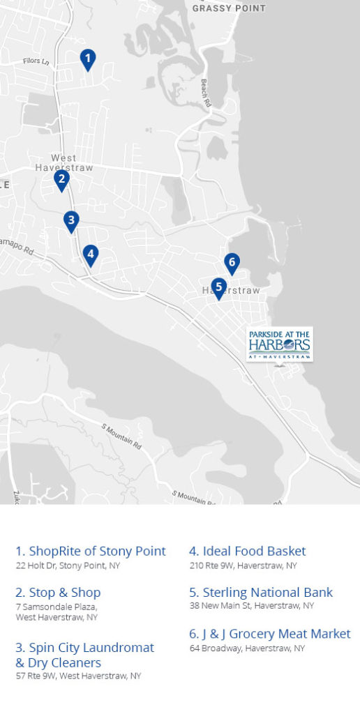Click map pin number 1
click(x=87, y=59)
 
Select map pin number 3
click(x=70, y=220)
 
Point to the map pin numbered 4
click(x=89, y=255)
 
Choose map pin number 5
click(x=218, y=287)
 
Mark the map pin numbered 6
click(x=232, y=263)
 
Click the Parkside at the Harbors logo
click(x=279, y=344)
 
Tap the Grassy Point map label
click(x=229, y=8)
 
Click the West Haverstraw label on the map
click(x=63, y=163)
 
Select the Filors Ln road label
click(x=36, y=62)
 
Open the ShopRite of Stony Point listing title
click(x=91, y=551)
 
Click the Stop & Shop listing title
click(x=58, y=592)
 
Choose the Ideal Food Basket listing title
click(x=248, y=551)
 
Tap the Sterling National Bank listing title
click(x=261, y=592)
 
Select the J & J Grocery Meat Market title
click(x=270, y=634)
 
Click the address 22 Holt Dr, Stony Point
click(x=68, y=565)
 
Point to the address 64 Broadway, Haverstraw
click(x=247, y=648)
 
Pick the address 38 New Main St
click(x=252, y=606)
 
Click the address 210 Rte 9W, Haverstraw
click(x=243, y=565)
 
